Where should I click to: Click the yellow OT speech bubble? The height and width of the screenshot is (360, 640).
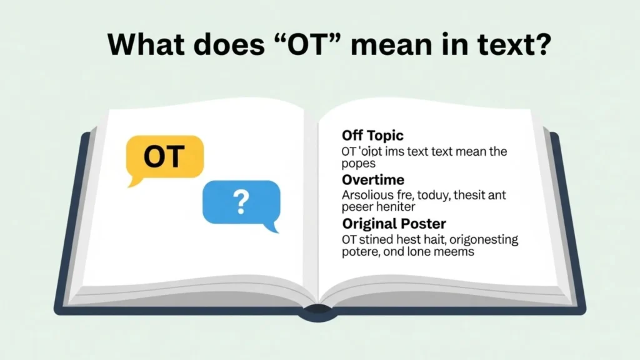164,156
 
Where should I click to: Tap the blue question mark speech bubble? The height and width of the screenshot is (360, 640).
241,202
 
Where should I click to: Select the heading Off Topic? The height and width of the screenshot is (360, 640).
372,135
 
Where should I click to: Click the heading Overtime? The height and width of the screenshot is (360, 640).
372,180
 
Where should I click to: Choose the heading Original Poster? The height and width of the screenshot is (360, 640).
393,224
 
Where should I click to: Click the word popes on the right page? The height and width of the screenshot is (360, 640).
358,164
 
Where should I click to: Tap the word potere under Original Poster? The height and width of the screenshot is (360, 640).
360,252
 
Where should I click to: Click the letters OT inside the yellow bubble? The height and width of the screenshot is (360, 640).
164,156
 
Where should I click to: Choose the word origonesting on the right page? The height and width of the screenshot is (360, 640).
474,239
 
